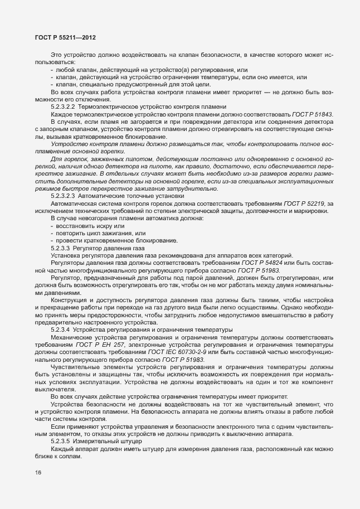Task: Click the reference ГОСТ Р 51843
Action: pos(314,114)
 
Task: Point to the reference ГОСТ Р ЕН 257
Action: pos(109,345)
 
